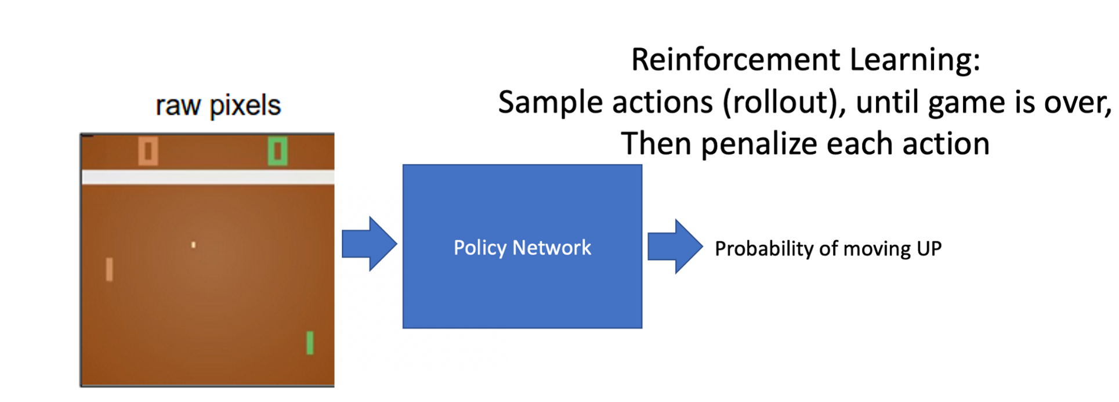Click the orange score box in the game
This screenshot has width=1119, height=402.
148,151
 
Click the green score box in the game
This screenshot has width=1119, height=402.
277,151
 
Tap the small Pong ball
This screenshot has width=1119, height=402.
194,245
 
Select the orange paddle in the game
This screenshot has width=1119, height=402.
109,270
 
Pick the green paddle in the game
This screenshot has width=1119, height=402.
310,342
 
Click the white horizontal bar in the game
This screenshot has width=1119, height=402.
208,177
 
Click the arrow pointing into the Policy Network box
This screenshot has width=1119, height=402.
369,244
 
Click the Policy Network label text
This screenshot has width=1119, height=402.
522,248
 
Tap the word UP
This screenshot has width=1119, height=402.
929,249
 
